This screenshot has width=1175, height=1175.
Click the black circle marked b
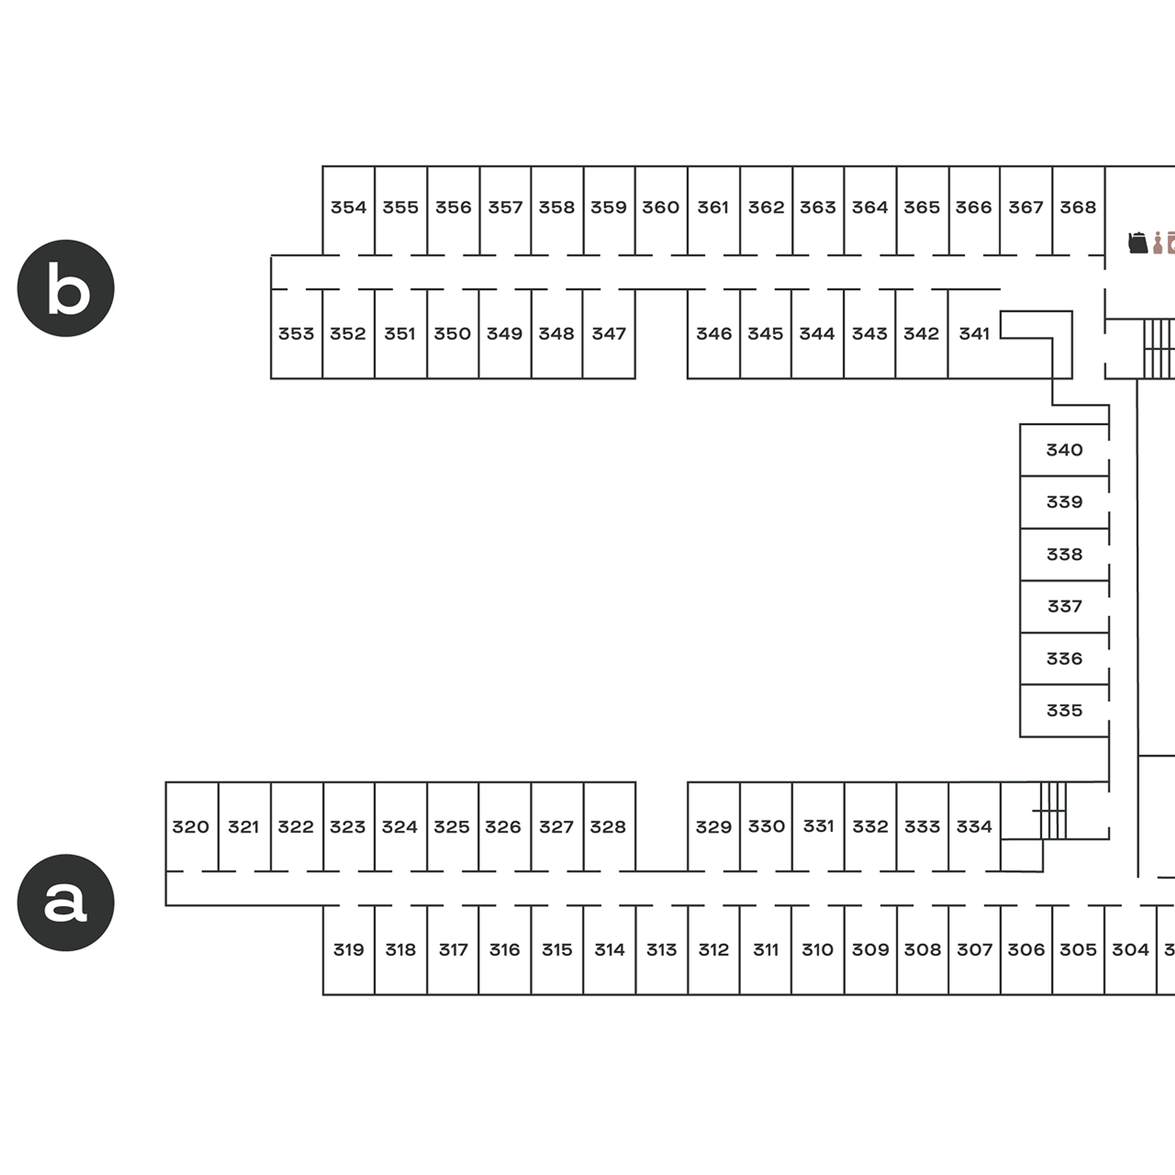pyautogui.click(x=66, y=288)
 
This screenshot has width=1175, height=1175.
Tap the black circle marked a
pyautogui.click(x=66, y=903)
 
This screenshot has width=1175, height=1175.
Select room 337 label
pyautogui.click(x=1064, y=606)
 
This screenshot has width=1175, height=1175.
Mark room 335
pyautogui.click(x=1064, y=710)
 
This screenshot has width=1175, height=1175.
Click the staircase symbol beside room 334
pyautogui.click(x=1052, y=811)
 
